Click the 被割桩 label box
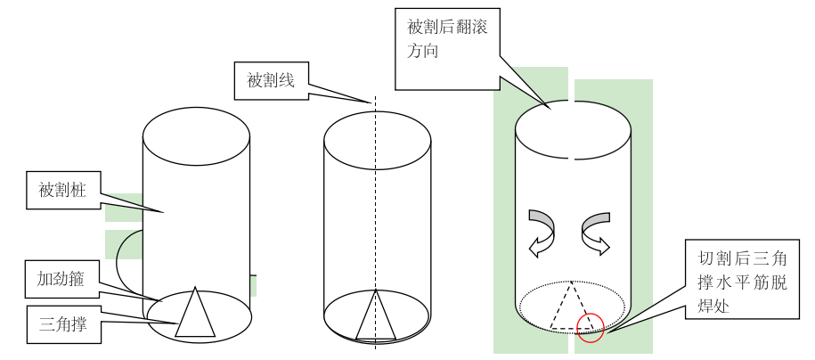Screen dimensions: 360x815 coord(62,191)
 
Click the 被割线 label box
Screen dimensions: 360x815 coord(271,79)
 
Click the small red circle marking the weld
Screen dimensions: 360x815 coord(590,328)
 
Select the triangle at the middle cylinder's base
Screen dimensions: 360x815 coord(375,319)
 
